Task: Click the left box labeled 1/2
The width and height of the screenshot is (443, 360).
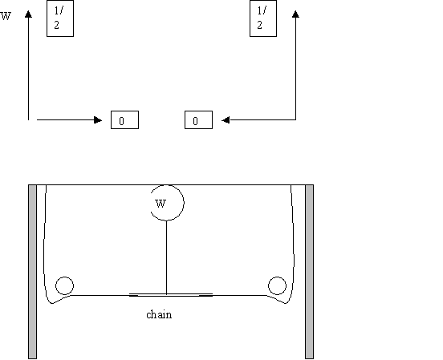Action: point(60,18)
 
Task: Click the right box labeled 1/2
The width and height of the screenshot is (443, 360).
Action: point(263,18)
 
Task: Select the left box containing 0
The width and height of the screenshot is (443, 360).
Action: point(124,120)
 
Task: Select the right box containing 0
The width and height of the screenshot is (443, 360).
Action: point(198,120)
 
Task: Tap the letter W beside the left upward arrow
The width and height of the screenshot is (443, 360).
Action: point(6,16)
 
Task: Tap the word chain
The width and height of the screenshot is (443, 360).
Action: point(159,314)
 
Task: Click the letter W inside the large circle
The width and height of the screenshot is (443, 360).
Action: point(161,204)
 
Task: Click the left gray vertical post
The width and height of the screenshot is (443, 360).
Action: point(32,272)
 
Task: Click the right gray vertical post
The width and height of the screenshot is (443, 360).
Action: point(309,272)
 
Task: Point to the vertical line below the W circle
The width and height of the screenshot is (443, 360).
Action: point(166,257)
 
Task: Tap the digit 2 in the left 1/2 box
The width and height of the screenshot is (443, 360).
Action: point(56,25)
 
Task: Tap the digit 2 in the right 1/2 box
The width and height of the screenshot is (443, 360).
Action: point(260,25)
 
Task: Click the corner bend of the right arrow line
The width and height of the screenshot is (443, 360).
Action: point(295,119)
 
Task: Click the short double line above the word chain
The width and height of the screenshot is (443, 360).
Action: point(171,295)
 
